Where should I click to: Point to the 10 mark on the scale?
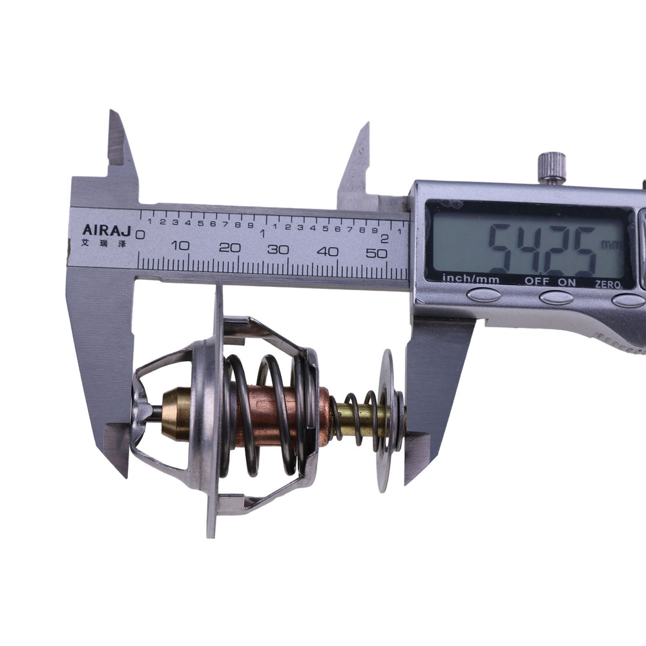point(182,247)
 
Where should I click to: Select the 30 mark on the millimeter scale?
point(278,250)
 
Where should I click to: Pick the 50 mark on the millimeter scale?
point(377,253)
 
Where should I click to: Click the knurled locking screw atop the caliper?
point(552,166)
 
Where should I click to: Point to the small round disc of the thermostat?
point(386,420)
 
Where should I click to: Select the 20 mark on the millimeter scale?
point(229,248)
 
